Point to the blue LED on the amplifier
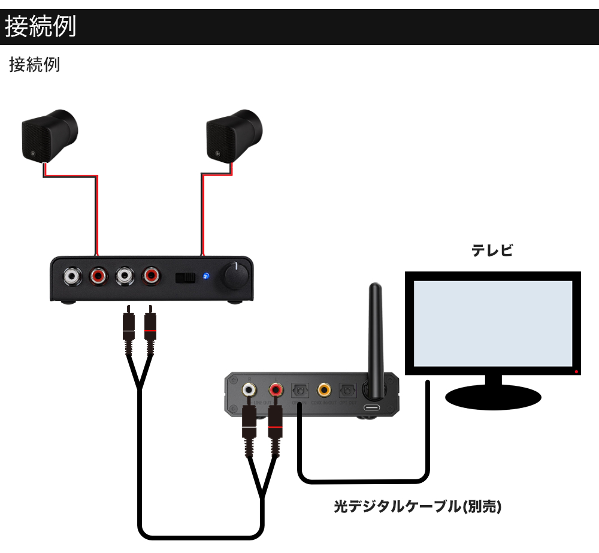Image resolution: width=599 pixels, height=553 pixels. point(206,276)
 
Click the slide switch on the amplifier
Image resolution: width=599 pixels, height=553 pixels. point(185,277)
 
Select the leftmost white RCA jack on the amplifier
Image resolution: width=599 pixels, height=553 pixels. point(72,276)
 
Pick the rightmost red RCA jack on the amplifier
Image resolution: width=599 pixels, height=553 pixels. point(150,276)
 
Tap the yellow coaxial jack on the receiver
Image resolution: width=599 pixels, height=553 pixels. point(324,390)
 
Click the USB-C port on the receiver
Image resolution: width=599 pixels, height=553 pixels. point(372,408)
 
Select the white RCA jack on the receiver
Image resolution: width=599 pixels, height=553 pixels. point(249,390)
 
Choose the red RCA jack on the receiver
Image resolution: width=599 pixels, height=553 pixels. point(276,390)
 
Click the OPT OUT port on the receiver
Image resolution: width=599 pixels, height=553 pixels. point(347,390)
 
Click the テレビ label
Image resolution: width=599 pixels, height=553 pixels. point(492,251)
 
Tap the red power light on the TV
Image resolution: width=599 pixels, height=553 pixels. point(576,372)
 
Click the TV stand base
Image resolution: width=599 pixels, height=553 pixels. point(493,396)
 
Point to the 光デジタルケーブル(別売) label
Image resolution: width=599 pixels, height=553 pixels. point(417,507)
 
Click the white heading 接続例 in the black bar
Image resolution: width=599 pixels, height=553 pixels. point(41,27)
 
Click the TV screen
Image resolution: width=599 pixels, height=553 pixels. point(492,323)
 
